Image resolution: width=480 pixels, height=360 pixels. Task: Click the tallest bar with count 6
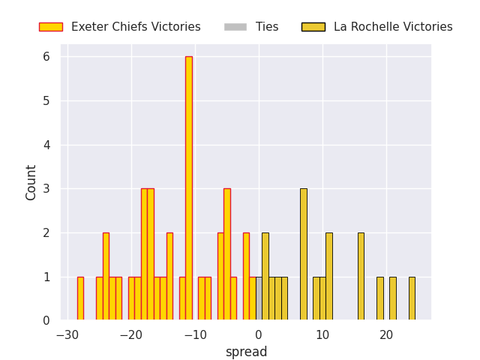[189, 187]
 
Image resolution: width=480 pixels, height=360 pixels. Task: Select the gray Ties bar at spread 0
[259, 298]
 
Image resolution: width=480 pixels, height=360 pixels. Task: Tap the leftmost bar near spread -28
[80, 298]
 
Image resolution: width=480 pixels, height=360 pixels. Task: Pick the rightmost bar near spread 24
[412, 298]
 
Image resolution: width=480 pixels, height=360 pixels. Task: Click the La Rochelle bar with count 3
[303, 255]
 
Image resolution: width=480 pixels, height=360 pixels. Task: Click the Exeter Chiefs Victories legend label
[136, 27]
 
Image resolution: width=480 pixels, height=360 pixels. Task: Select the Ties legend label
[267, 27]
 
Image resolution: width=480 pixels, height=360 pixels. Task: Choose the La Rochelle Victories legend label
[393, 27]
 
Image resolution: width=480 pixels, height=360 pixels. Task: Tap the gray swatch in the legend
[235, 27]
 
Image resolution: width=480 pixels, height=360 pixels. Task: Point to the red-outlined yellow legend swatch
[51, 27]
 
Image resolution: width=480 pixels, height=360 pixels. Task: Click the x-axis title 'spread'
[246, 352]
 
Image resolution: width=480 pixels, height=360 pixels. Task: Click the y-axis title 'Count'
[31, 182]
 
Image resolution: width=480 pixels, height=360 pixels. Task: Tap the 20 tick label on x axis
[386, 334]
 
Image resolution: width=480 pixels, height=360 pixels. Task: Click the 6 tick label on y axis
[46, 57]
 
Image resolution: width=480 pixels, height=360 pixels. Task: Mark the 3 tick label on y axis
[46, 189]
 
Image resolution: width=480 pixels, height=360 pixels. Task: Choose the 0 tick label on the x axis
[259, 334]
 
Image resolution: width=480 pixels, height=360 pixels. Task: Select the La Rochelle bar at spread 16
[361, 277]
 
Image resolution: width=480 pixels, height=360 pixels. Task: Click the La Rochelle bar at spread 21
[392, 298]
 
